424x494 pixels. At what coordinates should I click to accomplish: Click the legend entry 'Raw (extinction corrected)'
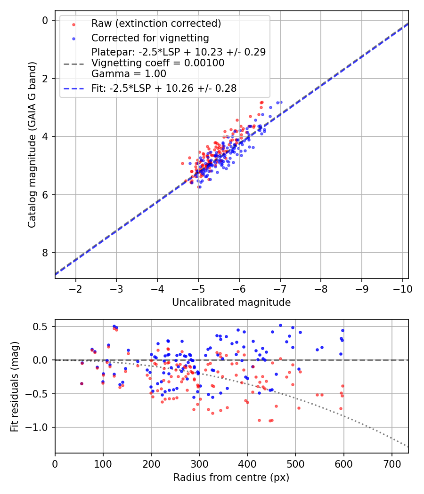[156, 24]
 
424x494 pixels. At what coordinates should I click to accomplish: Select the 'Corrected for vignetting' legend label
[150, 38]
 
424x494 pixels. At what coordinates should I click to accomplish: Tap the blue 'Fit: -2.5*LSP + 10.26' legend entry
[164, 88]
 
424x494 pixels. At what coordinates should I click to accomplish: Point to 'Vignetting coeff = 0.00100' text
[158, 63]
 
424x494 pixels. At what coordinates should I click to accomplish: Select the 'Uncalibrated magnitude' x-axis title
[231, 303]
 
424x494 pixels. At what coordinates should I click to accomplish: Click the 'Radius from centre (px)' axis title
[231, 478]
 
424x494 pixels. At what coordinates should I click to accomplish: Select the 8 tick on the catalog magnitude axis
[45, 253]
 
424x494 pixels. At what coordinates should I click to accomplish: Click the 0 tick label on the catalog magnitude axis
[45, 20]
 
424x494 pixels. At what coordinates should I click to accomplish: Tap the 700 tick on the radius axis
[391, 463]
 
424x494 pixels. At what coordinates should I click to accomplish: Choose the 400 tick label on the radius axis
[247, 463]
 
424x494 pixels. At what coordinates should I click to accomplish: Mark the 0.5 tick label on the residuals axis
[42, 327]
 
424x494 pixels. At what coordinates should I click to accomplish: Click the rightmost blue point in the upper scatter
[281, 102]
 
